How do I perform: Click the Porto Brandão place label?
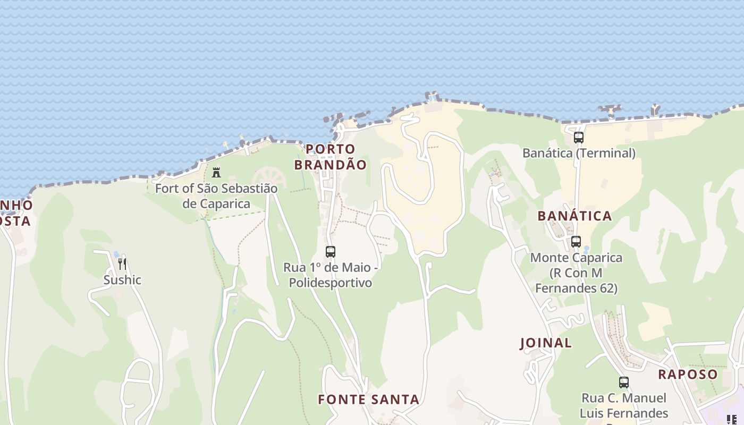pos(330,157)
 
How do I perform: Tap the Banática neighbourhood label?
pos(574,216)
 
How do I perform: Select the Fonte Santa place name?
pos(369,399)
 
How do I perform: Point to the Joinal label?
pos(546,343)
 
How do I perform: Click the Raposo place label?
pos(688,374)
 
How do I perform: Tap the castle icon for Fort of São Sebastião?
pos(216,173)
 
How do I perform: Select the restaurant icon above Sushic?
pos(122,263)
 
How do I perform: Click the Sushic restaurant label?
pos(122,280)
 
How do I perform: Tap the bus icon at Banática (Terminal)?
pos(579,138)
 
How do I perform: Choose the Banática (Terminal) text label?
pos(579,153)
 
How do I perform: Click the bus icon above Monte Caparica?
pos(576,242)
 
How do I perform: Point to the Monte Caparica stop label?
pos(576,273)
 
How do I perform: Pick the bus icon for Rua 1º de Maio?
pos(331,252)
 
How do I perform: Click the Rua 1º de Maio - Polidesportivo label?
pos(331,275)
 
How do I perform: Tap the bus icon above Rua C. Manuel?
pos(624,382)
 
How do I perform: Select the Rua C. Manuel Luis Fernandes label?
pos(624,405)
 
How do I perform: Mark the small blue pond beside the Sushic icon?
pos(116,255)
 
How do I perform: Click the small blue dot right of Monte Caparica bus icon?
pos(586,249)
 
